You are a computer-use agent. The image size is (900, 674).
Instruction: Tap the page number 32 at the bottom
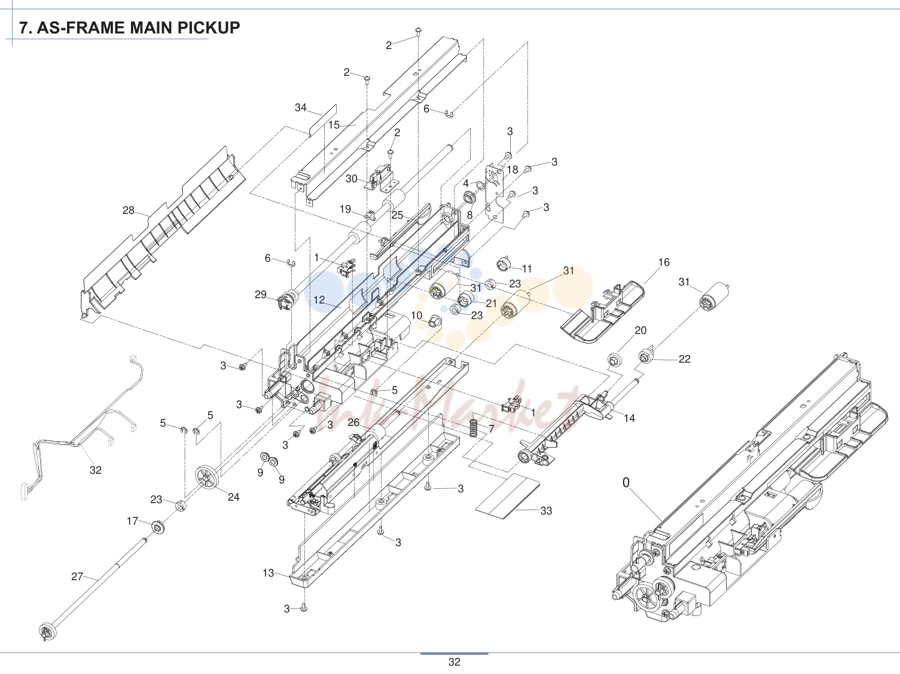click(x=454, y=662)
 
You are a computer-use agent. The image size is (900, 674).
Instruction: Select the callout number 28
click(x=129, y=210)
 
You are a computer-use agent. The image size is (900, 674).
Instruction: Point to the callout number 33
click(x=546, y=510)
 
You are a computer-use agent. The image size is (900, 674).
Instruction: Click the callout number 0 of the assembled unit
click(x=626, y=483)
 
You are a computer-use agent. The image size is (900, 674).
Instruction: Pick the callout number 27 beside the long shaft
click(x=77, y=577)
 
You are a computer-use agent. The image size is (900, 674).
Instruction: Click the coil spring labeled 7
click(x=474, y=424)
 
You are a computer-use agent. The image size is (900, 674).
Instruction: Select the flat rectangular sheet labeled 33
click(x=508, y=497)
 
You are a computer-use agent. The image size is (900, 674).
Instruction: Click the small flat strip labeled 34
click(x=323, y=121)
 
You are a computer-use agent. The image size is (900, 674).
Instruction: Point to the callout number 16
click(x=664, y=262)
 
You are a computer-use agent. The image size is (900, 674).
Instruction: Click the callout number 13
click(x=268, y=573)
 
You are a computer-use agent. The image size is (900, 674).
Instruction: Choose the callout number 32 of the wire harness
click(x=96, y=470)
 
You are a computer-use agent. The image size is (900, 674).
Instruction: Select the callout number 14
click(x=629, y=418)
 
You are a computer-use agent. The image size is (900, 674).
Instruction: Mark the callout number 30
click(x=352, y=179)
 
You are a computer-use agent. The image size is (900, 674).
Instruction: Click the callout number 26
click(x=353, y=422)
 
